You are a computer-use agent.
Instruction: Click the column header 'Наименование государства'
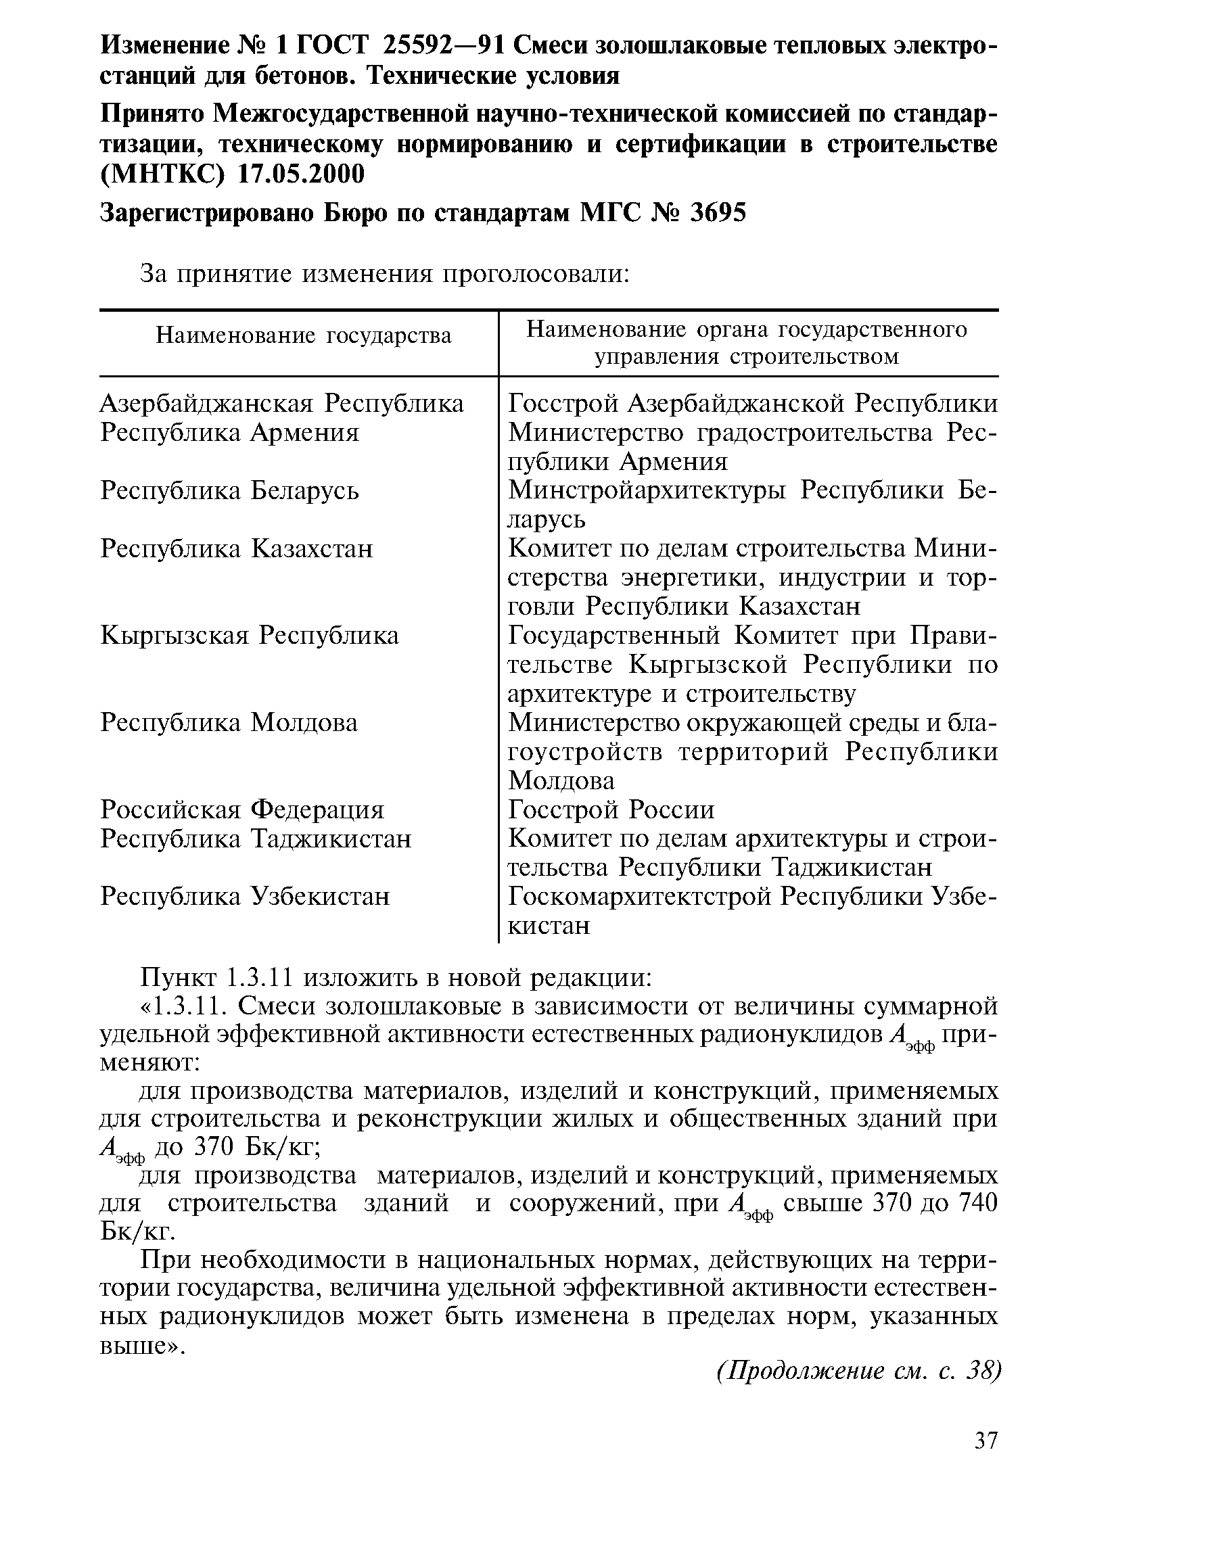tap(303, 335)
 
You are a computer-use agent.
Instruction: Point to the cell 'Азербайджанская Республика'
tap(282, 404)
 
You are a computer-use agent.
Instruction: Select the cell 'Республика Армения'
tap(229, 432)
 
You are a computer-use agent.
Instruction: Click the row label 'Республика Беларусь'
tap(229, 490)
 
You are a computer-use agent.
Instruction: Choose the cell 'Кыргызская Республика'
tap(249, 635)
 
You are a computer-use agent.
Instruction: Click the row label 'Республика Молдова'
tap(229, 722)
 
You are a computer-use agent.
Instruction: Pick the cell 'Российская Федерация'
tap(242, 809)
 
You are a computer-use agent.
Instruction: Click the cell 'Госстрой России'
tap(611, 809)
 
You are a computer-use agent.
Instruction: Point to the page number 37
tap(986, 1440)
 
